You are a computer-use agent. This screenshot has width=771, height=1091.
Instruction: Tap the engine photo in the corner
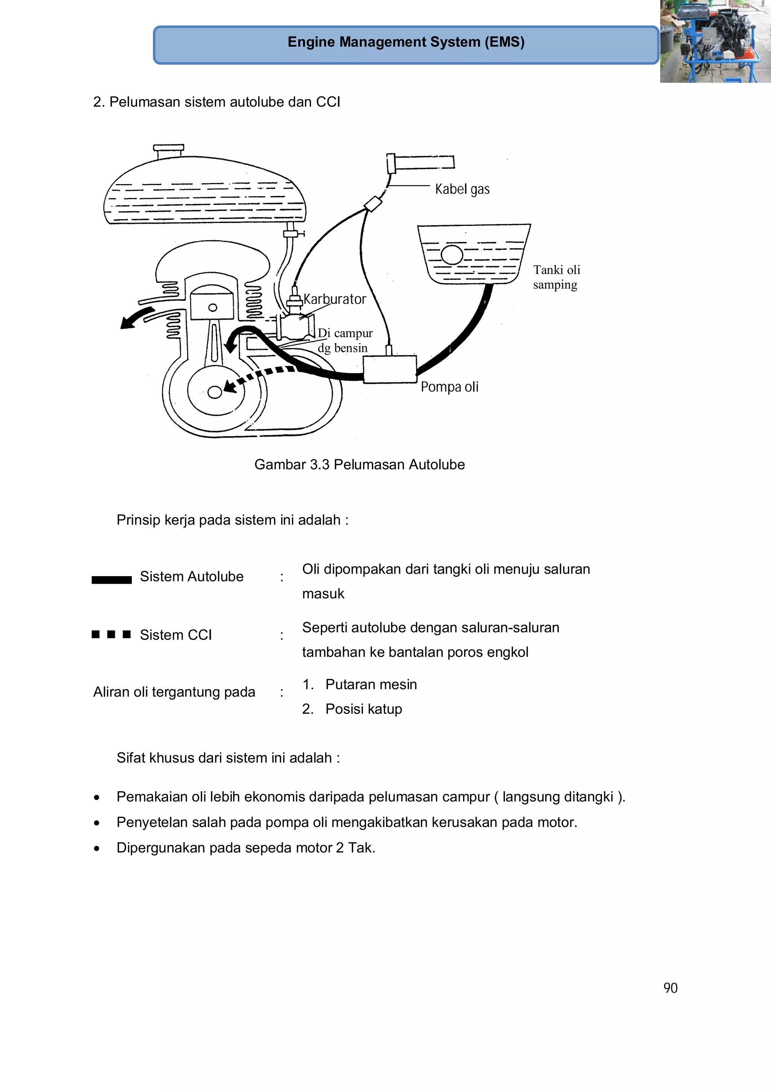point(715,41)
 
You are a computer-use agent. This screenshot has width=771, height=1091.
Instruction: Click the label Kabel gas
point(462,189)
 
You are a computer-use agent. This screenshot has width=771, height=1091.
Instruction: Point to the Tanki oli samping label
point(556,277)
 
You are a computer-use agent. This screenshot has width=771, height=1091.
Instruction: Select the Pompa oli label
point(449,387)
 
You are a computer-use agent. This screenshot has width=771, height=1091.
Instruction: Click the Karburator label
point(335,299)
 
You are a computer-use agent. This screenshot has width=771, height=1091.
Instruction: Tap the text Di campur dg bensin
point(345,340)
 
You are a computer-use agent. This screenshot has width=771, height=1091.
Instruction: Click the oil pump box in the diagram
point(390,369)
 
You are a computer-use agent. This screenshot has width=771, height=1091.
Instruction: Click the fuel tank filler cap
point(168,149)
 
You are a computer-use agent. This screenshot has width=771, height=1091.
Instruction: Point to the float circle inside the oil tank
point(451,255)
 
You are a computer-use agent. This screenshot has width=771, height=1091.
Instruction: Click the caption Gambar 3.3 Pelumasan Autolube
point(359,464)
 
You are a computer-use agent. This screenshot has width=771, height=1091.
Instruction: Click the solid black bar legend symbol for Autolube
point(112,580)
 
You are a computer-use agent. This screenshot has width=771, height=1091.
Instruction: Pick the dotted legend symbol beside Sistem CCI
point(111,634)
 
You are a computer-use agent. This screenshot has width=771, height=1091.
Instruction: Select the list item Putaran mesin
point(370,684)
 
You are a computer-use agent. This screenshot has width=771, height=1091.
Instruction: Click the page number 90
point(670,988)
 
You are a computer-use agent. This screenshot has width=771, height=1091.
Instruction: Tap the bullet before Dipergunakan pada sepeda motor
point(97,848)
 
